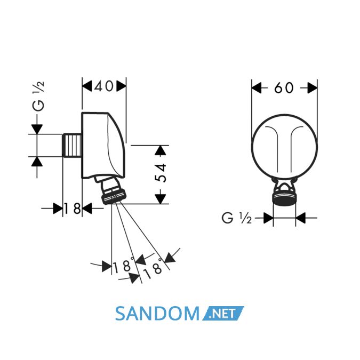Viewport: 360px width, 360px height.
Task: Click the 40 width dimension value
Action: pyautogui.click(x=104, y=86)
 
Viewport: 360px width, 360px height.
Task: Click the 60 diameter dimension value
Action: pyautogui.click(x=284, y=87)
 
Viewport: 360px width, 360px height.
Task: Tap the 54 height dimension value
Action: pyautogui.click(x=161, y=173)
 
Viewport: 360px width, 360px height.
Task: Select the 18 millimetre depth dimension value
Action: pyautogui.click(x=72, y=209)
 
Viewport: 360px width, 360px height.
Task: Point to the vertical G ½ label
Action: pyautogui.click(x=38, y=97)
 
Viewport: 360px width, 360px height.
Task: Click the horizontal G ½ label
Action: pyautogui.click(x=237, y=218)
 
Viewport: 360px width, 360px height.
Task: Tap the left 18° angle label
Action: pyautogui.click(x=124, y=265)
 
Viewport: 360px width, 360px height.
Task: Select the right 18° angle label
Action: pyautogui.click(x=154, y=268)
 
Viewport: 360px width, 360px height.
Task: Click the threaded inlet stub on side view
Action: pyautogui.click(x=72, y=145)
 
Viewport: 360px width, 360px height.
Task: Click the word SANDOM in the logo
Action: pyautogui.click(x=157, y=314)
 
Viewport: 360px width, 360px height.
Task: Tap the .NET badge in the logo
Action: pyautogui.click(x=223, y=314)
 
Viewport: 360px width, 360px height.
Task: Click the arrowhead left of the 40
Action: pyautogui.click(x=87, y=86)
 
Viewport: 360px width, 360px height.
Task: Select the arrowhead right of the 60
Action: pyautogui.click(x=313, y=88)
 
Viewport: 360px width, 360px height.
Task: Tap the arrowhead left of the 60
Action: pyautogui.click(x=257, y=88)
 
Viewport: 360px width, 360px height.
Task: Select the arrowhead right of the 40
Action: pyautogui.click(x=121, y=86)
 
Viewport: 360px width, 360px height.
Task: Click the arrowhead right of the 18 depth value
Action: pyautogui.click(x=87, y=208)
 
